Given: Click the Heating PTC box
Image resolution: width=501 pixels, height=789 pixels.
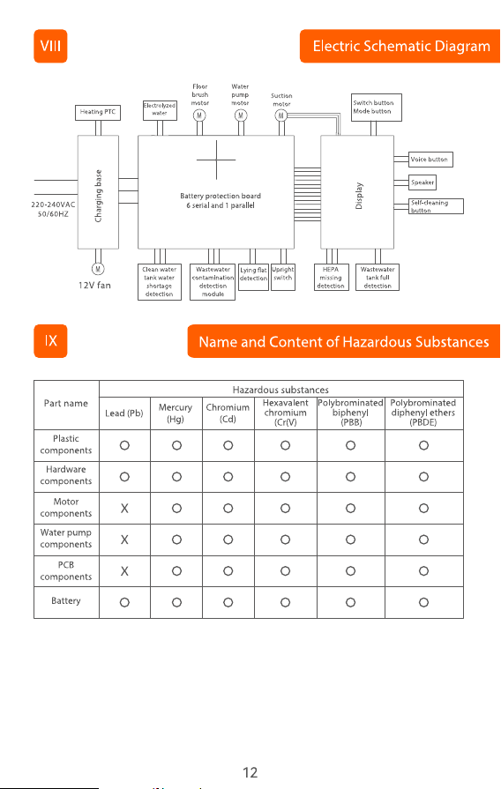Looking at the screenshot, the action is (98, 112).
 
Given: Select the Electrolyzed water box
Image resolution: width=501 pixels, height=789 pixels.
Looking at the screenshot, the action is (160, 110).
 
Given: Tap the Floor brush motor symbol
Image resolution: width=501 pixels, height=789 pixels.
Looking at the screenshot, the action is (199, 115).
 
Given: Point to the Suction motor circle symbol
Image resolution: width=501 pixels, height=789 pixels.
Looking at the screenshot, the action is (281, 115).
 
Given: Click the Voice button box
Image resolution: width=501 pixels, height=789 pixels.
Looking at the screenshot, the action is (430, 160).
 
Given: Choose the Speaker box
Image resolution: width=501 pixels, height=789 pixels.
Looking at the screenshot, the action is (422, 182).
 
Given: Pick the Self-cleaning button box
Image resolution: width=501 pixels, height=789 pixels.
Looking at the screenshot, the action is (436, 206).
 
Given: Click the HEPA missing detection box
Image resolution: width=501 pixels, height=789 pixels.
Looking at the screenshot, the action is (332, 278).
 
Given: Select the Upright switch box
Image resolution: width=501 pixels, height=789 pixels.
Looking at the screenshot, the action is (283, 278).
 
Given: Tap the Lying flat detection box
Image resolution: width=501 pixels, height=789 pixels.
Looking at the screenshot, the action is (253, 278).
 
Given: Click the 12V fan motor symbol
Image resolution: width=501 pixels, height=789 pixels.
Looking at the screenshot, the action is (98, 269).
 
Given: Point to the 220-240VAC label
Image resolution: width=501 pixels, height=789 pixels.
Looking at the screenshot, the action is (53, 205).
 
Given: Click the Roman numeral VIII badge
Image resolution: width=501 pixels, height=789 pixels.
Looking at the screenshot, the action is (50, 47).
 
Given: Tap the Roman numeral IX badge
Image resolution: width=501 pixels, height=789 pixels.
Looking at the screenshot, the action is (50, 341).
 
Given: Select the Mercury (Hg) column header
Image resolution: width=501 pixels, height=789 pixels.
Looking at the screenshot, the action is (176, 413).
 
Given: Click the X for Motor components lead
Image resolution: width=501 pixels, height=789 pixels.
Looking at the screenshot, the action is (124, 509).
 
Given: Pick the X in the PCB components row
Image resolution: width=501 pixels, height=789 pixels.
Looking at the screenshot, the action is (124, 571).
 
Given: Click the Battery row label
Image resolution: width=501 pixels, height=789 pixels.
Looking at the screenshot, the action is (66, 601).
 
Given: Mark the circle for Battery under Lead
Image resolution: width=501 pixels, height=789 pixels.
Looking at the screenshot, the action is (124, 602).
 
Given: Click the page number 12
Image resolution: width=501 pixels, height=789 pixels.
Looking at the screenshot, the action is (250, 773).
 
